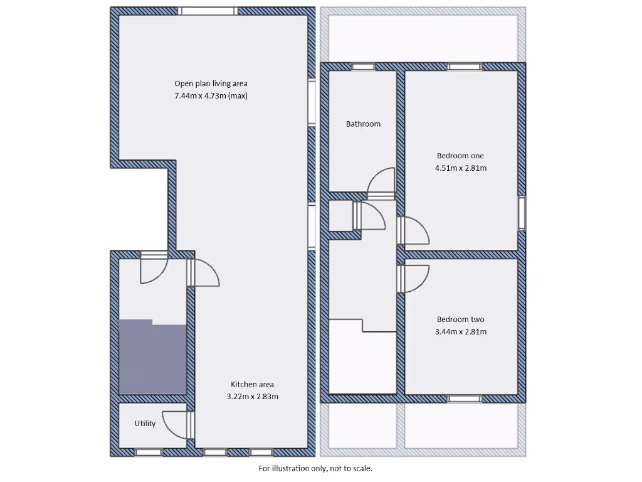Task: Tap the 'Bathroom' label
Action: click(363, 124)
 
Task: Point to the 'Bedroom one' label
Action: click(460, 156)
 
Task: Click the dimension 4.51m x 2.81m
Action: click(460, 168)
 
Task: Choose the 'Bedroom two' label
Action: click(460, 319)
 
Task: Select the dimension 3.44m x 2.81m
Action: click(460, 332)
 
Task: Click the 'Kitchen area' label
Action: click(252, 384)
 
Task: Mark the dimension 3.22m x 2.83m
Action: click(252, 397)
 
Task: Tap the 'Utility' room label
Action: click(145, 424)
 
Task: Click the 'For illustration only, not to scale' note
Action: click(315, 468)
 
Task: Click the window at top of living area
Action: click(208, 11)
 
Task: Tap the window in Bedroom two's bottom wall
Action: click(465, 399)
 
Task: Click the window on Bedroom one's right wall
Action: click(522, 213)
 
